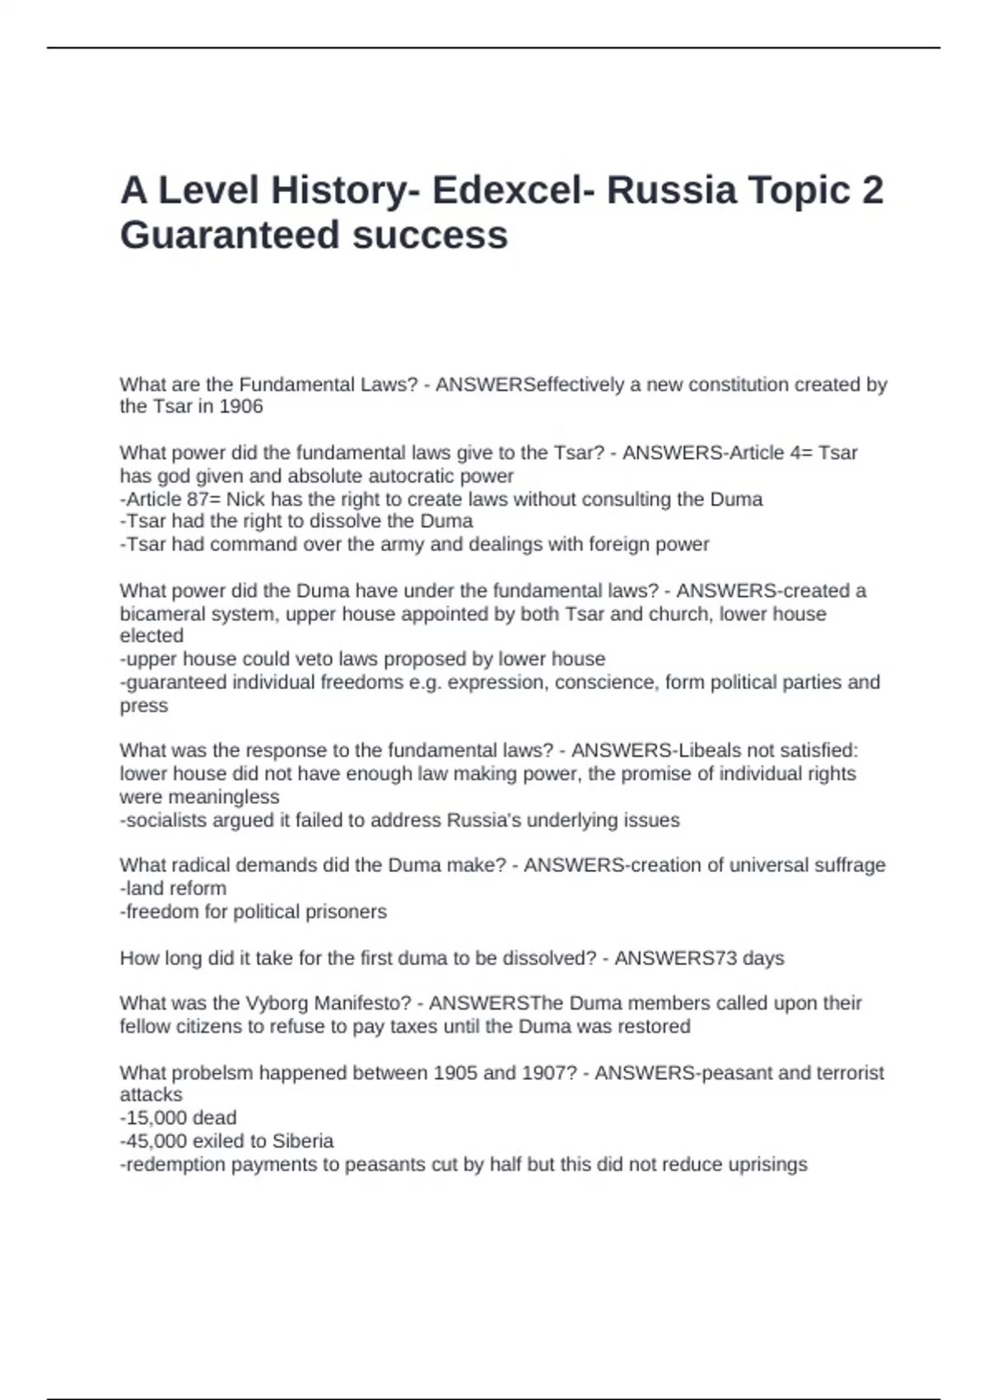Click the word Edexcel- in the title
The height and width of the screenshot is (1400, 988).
pos(513,190)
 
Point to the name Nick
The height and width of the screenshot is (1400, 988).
pos(245,500)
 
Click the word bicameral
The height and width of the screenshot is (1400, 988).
pos(159,614)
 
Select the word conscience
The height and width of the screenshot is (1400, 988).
pos(605,683)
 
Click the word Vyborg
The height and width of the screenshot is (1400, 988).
pos(277,1004)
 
